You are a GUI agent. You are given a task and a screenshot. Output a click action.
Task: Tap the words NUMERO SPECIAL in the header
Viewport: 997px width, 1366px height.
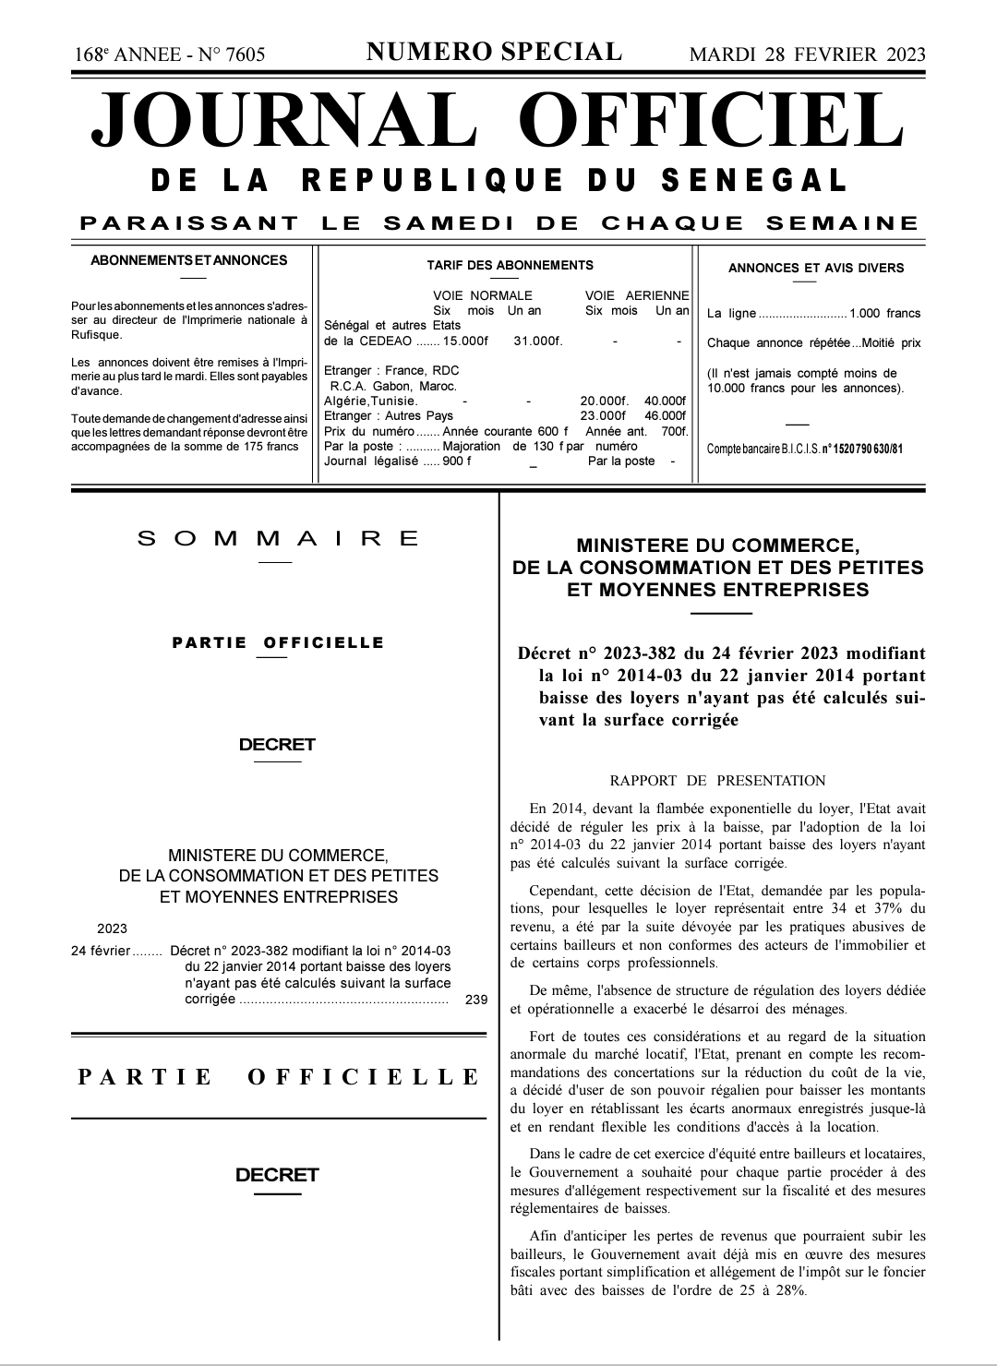point(495,53)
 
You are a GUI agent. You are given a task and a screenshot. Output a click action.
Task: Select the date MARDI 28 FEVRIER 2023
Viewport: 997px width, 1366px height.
point(807,54)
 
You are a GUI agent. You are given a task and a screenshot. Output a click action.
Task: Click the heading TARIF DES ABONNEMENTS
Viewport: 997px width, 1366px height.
point(510,266)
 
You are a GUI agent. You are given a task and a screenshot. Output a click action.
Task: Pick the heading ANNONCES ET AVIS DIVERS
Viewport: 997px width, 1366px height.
point(815,269)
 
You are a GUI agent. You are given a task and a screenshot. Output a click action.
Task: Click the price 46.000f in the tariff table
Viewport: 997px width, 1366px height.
point(666,416)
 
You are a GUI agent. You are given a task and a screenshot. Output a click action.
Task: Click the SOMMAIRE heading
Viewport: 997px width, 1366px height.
point(278,539)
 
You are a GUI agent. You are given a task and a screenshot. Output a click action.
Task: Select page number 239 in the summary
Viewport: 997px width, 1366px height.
point(476,999)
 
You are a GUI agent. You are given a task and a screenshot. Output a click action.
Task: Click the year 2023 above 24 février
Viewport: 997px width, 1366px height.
point(112,929)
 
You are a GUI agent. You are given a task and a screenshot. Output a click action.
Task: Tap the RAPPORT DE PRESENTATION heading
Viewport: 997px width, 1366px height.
point(717,781)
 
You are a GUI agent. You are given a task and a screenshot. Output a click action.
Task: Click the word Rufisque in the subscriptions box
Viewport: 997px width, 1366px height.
point(97,335)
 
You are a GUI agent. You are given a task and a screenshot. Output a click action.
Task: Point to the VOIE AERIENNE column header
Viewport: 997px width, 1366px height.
point(637,296)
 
